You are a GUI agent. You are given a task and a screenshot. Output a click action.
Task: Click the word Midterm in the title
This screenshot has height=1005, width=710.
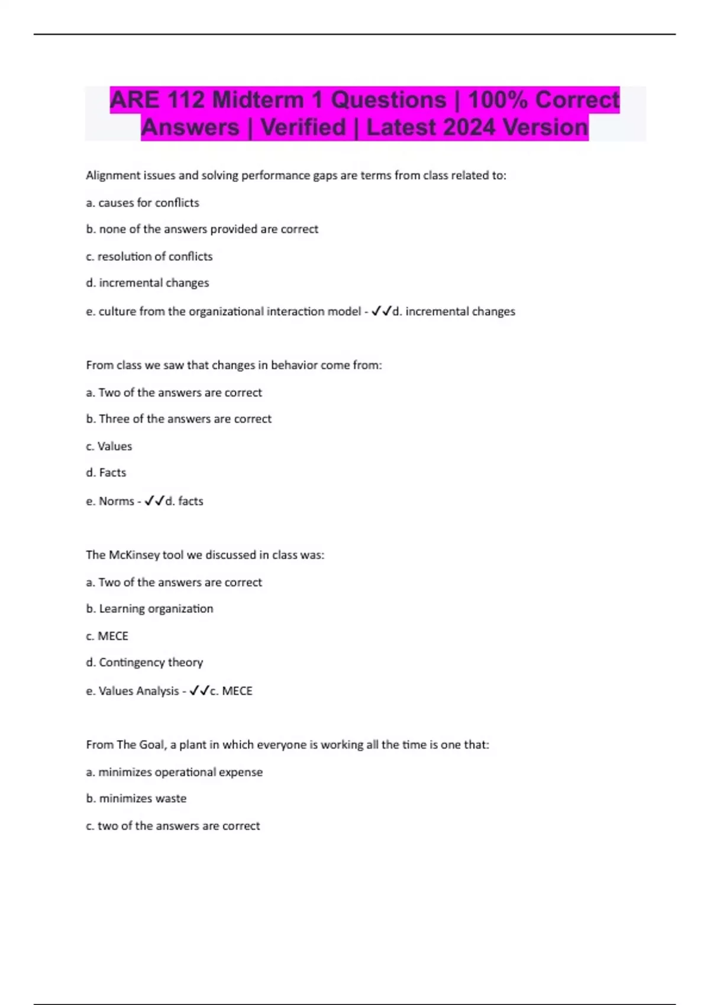[257, 100]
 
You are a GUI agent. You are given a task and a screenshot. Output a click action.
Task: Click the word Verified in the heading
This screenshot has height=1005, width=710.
[303, 128]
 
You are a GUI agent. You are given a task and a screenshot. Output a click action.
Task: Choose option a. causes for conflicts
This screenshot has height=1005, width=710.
[143, 203]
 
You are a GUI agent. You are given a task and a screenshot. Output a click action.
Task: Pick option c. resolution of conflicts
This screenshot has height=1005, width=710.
[149, 257]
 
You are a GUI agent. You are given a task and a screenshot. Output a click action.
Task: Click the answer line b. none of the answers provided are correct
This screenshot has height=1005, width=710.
[202, 229]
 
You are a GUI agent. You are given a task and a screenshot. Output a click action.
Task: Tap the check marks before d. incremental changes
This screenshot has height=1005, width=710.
[381, 311]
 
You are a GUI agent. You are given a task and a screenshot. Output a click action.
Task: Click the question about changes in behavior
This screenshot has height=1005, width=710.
[234, 365]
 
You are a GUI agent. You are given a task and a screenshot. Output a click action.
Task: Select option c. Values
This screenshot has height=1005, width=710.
[109, 446]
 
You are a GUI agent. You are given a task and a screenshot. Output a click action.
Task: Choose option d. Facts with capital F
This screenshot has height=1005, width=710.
[106, 473]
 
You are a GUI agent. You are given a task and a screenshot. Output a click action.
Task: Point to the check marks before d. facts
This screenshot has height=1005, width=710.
[154, 501]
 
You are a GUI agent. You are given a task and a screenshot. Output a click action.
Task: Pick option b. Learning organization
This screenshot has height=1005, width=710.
[150, 609]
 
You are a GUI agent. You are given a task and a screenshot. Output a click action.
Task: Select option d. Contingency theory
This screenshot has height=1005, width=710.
[144, 663]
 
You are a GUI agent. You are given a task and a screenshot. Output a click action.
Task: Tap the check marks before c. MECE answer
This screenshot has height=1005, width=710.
[199, 690]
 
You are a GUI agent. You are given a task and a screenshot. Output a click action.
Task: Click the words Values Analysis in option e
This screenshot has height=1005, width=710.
[138, 691]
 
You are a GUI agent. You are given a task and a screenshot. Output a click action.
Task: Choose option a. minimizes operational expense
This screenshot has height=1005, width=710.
[174, 772]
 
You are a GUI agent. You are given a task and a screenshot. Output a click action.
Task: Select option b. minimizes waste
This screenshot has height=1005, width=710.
[136, 799]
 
